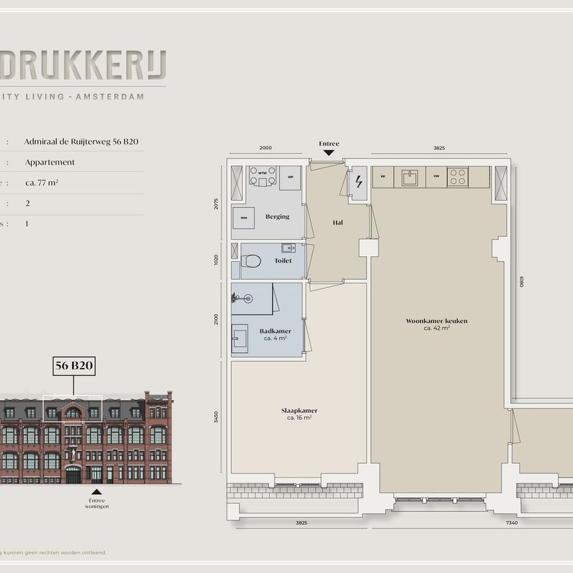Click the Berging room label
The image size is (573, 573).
(x=277, y=217)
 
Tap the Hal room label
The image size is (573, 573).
(x=338, y=223)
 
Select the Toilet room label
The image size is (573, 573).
(x=283, y=261)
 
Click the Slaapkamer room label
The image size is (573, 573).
(x=299, y=411)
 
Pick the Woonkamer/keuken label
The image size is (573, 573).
(x=436, y=321)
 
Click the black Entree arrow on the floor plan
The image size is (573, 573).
(x=329, y=153)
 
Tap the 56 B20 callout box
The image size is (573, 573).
(x=74, y=365)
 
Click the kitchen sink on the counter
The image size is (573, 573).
(x=410, y=177)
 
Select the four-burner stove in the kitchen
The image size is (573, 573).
(x=458, y=177)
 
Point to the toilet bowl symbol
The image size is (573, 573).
(x=251, y=261)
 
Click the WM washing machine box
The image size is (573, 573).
(x=243, y=218)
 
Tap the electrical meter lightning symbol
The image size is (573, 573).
(x=359, y=181)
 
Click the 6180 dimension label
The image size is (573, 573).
(x=522, y=281)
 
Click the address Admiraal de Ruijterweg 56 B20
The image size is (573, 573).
(x=82, y=141)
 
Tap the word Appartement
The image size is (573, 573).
(x=50, y=162)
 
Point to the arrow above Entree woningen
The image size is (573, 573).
(x=97, y=491)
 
